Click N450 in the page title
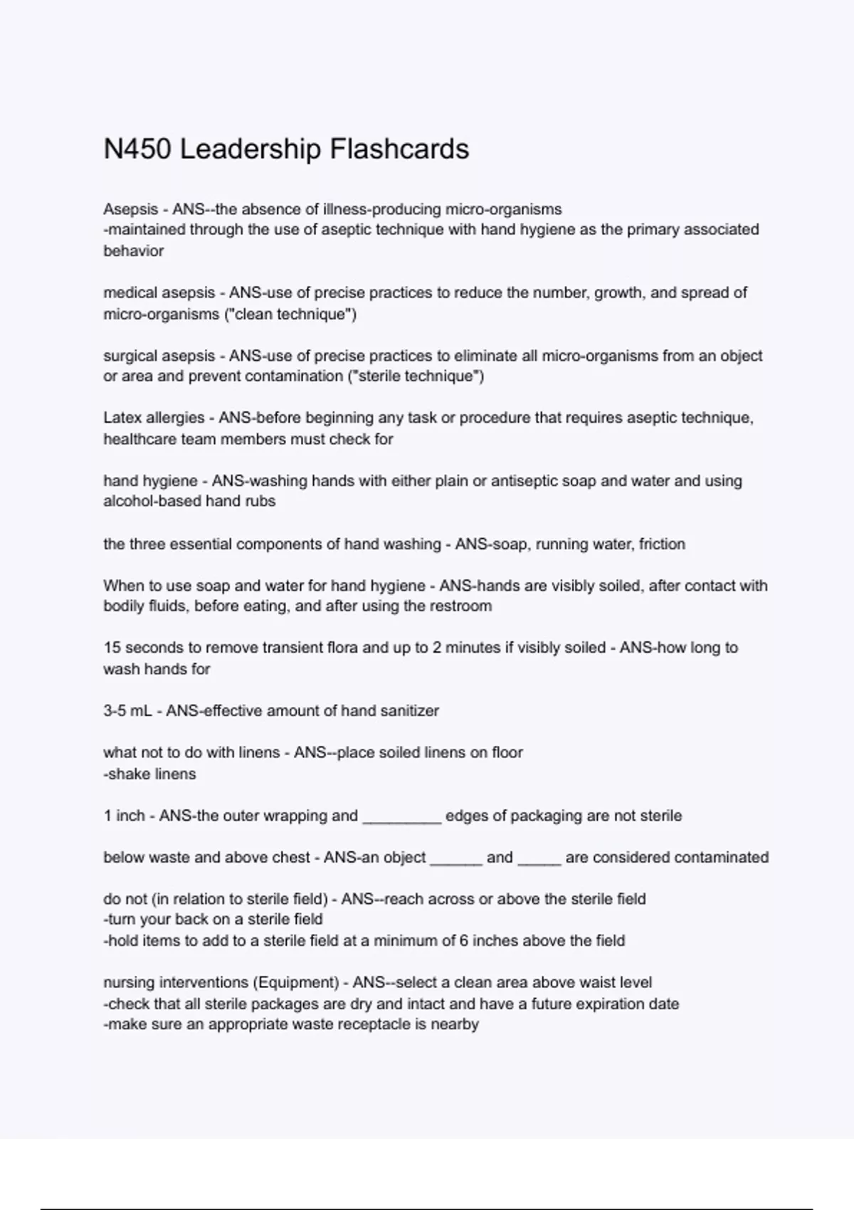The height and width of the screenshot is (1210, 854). (137, 149)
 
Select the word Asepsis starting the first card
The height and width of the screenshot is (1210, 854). (131, 209)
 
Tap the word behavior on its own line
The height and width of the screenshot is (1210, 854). (134, 251)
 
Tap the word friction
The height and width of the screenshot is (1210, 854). (662, 544)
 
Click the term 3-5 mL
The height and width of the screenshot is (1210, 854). (128, 710)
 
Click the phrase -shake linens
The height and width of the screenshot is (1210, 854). (149, 774)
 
